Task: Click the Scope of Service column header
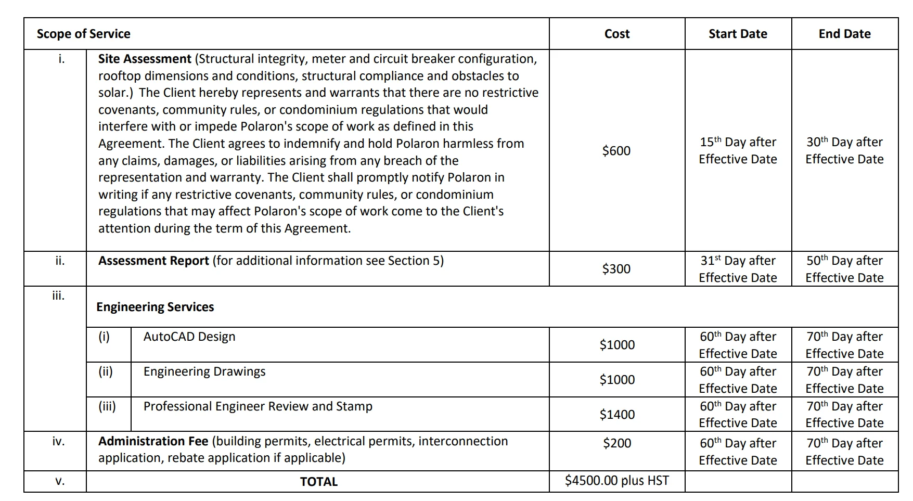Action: point(84,34)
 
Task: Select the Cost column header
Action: point(617,34)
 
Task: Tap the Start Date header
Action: point(738,34)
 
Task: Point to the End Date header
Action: point(844,34)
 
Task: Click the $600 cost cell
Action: point(616,151)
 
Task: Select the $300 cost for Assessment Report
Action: point(616,269)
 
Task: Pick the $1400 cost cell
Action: point(617,415)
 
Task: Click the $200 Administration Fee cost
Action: point(617,443)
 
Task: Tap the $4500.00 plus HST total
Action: point(617,481)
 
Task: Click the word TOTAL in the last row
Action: point(318,482)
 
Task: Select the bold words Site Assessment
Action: point(145,59)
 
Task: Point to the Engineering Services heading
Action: point(155,307)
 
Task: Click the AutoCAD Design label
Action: point(189,337)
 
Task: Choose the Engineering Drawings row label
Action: point(204,371)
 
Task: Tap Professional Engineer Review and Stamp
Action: point(258,406)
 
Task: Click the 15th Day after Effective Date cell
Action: point(738,150)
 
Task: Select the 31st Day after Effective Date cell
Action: point(738,269)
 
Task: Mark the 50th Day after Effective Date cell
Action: point(844,269)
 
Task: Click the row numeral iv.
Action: point(58,442)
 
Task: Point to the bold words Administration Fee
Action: point(153,441)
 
